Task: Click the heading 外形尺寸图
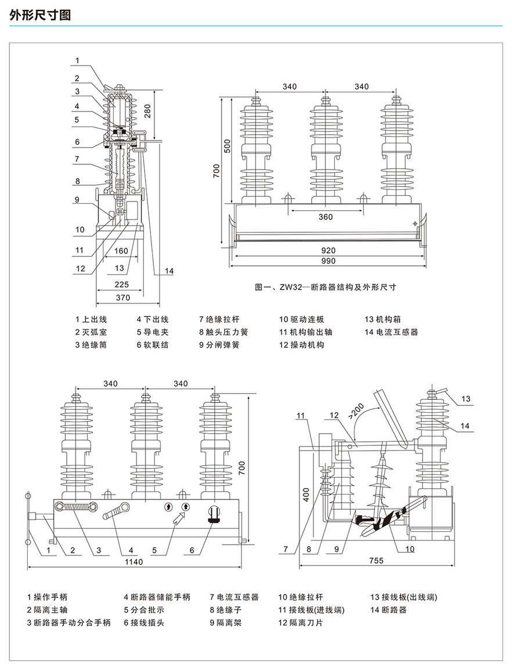[x=40, y=16]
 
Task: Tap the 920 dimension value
[x=328, y=250]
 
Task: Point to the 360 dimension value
[x=326, y=217]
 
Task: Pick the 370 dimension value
[x=122, y=297]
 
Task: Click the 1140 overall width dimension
[x=134, y=562]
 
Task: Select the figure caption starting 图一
[x=326, y=287]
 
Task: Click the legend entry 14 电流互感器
[x=391, y=332]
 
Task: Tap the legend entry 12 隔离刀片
[x=300, y=623]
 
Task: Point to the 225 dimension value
[x=121, y=284]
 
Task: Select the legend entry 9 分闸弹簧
[x=219, y=345]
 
